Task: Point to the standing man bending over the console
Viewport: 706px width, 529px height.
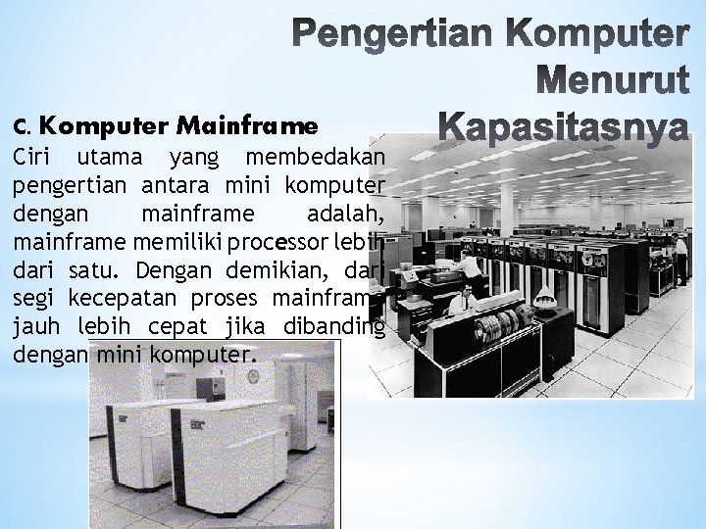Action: [472, 266]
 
